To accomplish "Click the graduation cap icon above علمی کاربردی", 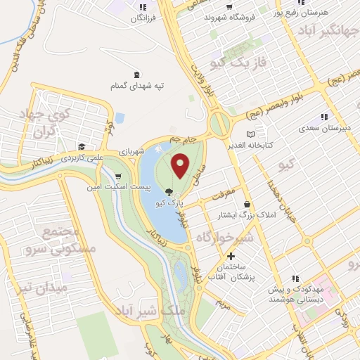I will [82, 147].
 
